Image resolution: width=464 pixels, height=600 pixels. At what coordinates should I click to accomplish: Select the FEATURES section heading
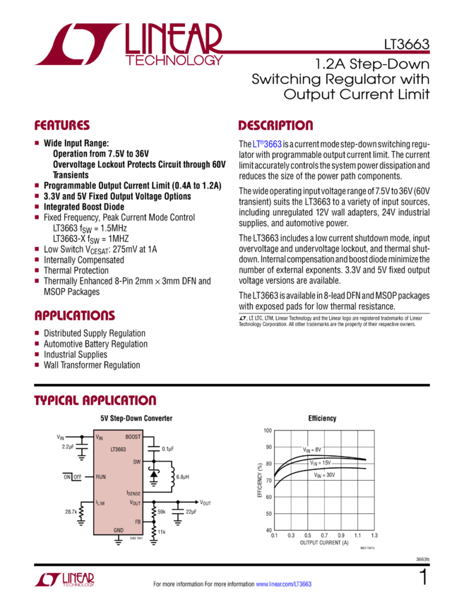(x=63, y=126)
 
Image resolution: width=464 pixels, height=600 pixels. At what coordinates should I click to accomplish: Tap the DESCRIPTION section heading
(x=275, y=126)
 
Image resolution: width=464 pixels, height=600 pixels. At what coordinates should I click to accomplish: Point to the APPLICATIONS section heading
(x=75, y=316)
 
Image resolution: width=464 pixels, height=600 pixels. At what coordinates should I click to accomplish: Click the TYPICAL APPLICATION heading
(x=95, y=401)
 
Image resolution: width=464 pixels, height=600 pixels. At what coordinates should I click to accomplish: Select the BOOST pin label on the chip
(x=133, y=438)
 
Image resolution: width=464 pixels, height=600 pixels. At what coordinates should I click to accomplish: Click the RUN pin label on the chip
(x=102, y=476)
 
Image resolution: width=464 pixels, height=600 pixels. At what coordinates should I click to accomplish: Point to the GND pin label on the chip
(x=119, y=530)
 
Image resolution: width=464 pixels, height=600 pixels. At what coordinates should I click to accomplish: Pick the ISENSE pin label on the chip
(x=133, y=493)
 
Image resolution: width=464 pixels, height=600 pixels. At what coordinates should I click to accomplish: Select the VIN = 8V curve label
(x=312, y=450)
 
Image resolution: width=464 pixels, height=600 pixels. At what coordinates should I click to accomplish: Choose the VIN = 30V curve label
(x=324, y=475)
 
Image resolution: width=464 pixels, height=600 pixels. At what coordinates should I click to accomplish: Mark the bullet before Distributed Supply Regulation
(x=37, y=332)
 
